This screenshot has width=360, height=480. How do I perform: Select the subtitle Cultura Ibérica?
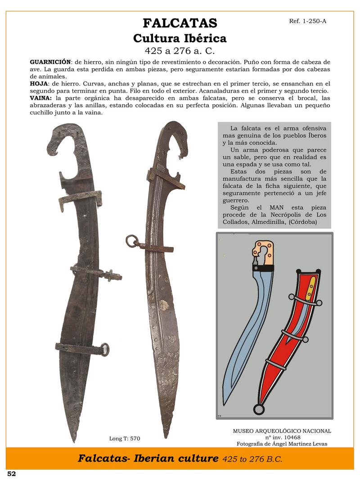click(x=180, y=39)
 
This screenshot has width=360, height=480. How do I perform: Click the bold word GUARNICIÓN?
click(x=50, y=61)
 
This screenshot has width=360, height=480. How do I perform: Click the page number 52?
click(x=11, y=474)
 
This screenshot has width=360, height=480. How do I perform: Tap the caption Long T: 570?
click(x=128, y=438)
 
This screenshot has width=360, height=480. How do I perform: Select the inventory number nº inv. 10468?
click(x=282, y=437)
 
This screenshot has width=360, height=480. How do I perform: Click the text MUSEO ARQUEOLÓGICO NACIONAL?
click(x=282, y=431)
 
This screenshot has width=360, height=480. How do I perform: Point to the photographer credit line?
click(x=282, y=444)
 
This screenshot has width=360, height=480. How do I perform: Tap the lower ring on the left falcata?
click(x=105, y=349)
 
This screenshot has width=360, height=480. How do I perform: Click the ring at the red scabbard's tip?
click(x=259, y=409)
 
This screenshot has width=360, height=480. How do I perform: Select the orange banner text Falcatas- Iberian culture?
click(x=148, y=459)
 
